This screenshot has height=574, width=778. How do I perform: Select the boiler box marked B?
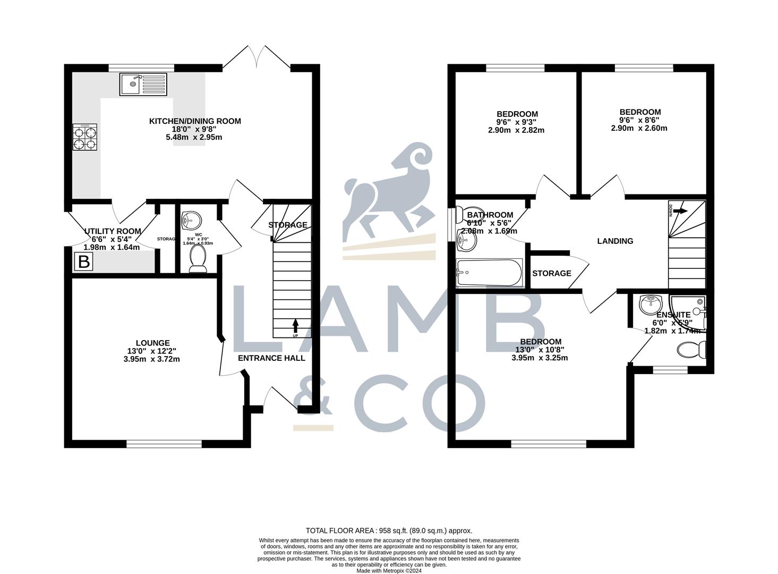click(x=83, y=261)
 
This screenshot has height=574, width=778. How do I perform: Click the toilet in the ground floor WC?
click(x=198, y=258)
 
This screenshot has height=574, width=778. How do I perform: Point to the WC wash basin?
click(x=191, y=219)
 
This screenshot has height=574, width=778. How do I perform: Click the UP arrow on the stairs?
click(x=295, y=326)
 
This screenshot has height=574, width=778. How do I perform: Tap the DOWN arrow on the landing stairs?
click(x=680, y=211)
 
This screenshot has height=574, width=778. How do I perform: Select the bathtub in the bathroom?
click(x=489, y=273)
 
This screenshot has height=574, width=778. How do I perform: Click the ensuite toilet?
click(x=691, y=350)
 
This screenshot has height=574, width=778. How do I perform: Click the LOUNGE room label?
click(x=152, y=343)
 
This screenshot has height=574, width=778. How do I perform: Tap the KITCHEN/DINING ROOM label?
click(x=195, y=121)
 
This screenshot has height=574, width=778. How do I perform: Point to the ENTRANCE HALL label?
click(x=271, y=358)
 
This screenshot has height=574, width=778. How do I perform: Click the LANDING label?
click(x=615, y=241)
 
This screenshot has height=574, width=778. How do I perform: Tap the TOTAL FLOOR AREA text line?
click(x=389, y=530)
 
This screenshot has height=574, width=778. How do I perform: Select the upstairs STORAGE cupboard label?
click(x=552, y=273)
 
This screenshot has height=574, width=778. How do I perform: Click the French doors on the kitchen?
click(x=257, y=57)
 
